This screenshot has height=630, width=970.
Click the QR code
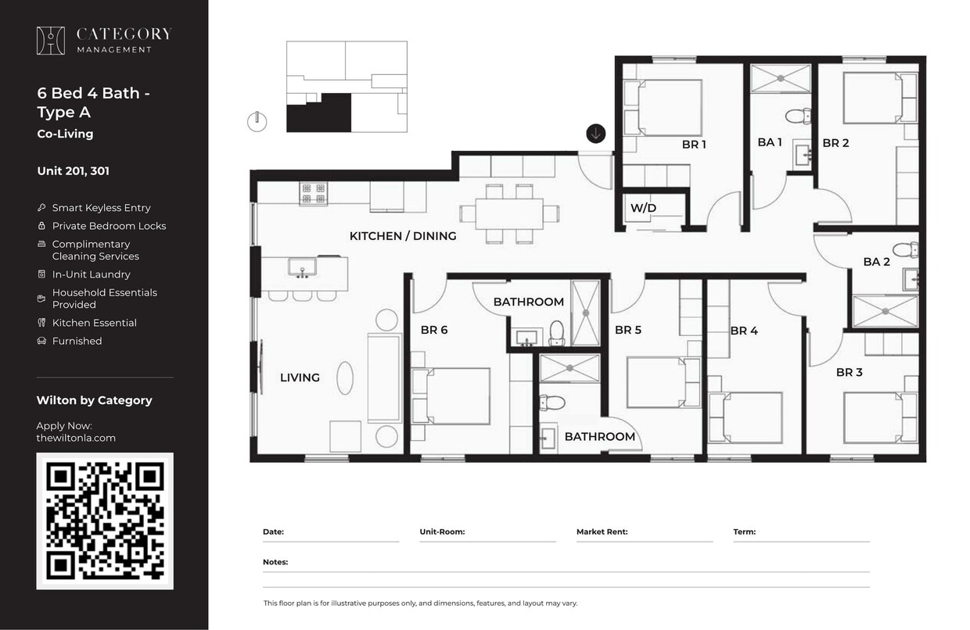[105, 521]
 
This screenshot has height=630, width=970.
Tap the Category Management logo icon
[51, 41]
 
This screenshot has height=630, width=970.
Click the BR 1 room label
[694, 145]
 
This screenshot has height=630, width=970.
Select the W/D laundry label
[643, 209]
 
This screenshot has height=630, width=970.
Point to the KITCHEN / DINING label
[403, 236]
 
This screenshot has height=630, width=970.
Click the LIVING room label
[300, 378]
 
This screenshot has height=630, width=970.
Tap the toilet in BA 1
[797, 116]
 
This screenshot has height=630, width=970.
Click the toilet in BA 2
[906, 250]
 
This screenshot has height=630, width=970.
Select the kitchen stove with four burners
[313, 193]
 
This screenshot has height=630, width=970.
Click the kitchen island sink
[301, 268]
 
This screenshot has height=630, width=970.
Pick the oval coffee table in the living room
[345, 378]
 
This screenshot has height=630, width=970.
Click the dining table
[508, 213]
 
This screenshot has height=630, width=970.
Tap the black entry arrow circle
[595, 134]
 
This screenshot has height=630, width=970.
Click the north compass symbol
[257, 122]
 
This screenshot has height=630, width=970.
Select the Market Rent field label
[602, 532]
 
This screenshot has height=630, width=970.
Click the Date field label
[273, 532]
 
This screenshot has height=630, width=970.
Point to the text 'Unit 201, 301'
[74, 171]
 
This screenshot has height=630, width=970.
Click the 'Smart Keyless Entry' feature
[101, 208]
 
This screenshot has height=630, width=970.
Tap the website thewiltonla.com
[76, 438]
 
